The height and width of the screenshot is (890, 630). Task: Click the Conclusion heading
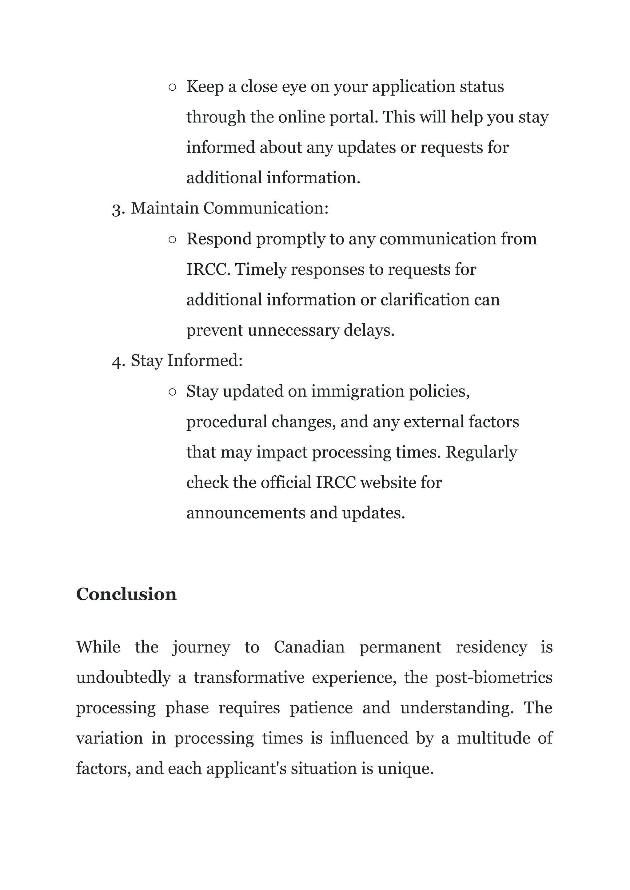pyautogui.click(x=126, y=594)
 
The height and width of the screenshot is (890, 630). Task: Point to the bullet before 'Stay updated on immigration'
pyautogui.click(x=173, y=392)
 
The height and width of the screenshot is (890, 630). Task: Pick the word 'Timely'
pyautogui.click(x=260, y=269)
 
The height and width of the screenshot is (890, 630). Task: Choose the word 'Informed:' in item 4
pyautogui.click(x=205, y=361)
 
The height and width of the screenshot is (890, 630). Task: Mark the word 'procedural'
pyautogui.click(x=226, y=422)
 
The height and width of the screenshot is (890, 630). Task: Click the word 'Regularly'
pyautogui.click(x=481, y=452)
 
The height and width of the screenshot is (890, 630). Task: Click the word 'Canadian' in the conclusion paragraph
pyautogui.click(x=309, y=647)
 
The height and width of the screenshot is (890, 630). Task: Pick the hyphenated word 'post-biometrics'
pyautogui.click(x=493, y=678)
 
